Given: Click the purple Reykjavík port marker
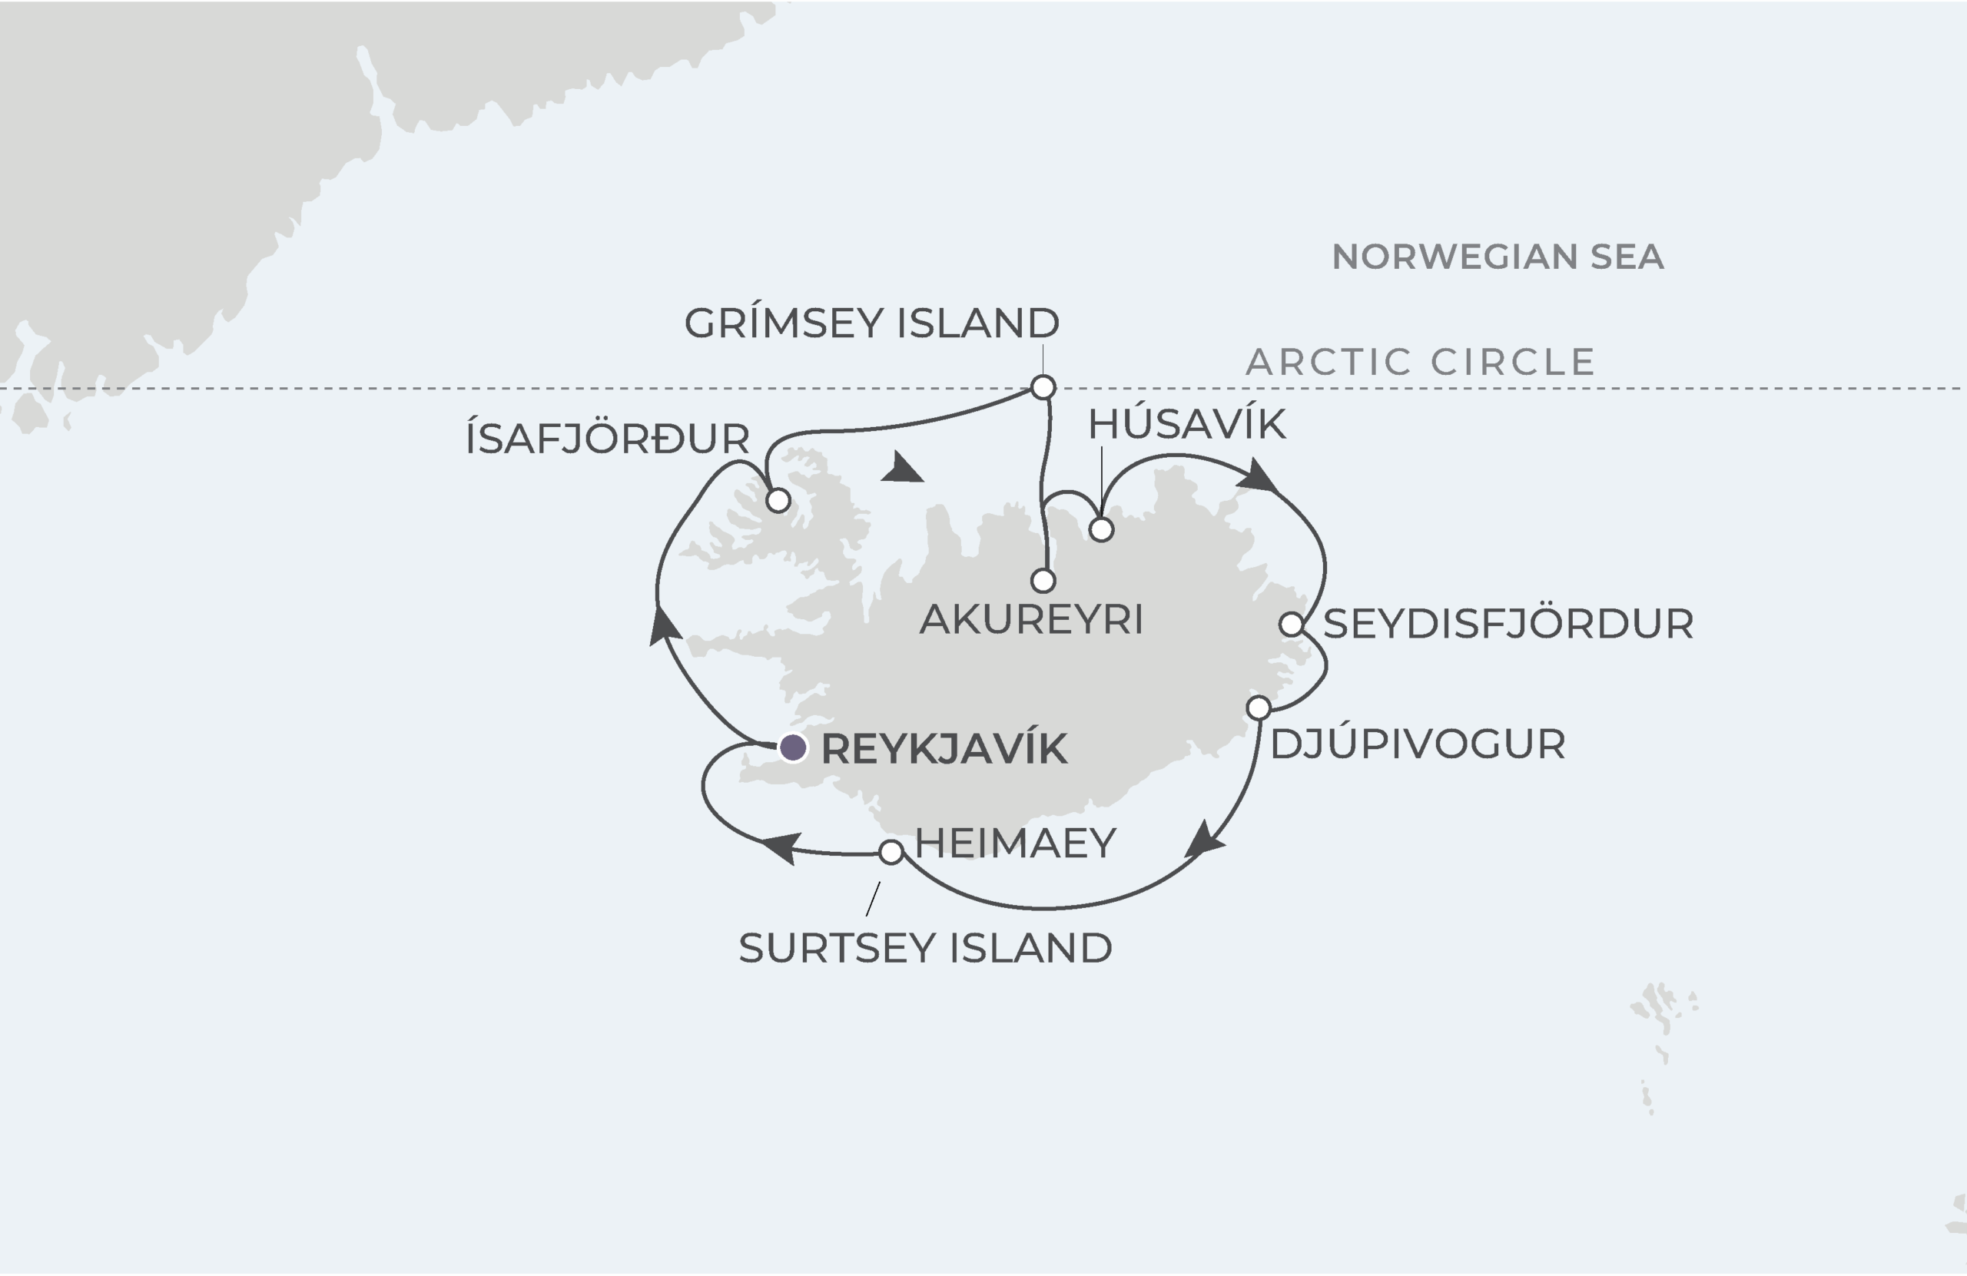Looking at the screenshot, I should pos(794,748).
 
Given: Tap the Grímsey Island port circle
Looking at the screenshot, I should pos(1043,386).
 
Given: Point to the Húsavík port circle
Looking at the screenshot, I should pos(1102,529).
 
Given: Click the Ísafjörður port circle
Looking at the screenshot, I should pos(778,500).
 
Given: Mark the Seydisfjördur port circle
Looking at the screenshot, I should pos(1292,624).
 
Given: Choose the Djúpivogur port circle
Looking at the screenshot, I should pos(1259,708).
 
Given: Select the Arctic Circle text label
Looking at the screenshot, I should pos(1420,362).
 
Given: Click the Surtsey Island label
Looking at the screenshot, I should pos(925,948).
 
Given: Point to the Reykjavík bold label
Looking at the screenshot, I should pos(944,749).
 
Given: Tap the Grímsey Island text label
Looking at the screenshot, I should pos(871,323).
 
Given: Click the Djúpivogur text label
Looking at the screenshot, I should pos(1418,744).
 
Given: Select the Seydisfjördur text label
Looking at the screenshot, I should pos(1508,624).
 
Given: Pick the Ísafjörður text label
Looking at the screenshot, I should pos(608,439).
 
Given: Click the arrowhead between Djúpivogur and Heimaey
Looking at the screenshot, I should pos(1203,840).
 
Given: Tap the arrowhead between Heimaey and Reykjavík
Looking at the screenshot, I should pos(781,847).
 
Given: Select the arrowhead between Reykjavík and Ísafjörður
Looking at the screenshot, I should pos(664,625).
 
